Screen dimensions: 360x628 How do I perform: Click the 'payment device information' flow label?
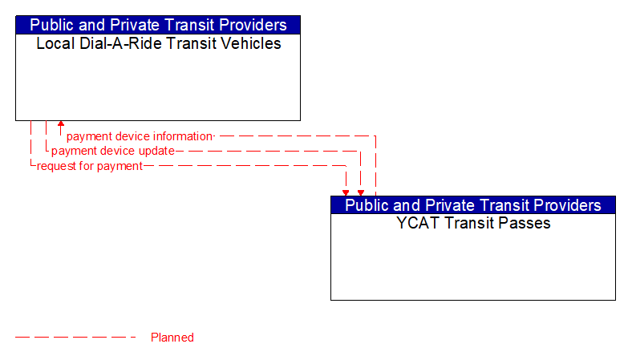[x=139, y=136]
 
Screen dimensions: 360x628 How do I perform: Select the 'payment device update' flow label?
[x=112, y=151]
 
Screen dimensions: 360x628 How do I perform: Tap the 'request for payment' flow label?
[x=89, y=166]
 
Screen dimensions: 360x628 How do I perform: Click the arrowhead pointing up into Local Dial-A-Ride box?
[x=61, y=125]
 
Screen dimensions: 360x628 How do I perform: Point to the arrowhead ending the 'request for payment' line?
[x=346, y=192]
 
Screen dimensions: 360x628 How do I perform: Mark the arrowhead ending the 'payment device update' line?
[x=361, y=192]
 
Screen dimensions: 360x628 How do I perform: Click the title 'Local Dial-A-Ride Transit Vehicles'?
[x=158, y=44]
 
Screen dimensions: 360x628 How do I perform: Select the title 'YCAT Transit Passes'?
[x=473, y=224]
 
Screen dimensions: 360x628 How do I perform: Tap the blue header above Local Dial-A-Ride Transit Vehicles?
[x=158, y=25]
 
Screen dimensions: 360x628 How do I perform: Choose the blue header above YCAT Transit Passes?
[x=473, y=205]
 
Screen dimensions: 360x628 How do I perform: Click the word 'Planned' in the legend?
[x=172, y=338]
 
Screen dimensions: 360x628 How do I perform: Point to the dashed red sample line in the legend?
[x=76, y=338]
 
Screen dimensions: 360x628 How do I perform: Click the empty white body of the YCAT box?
[x=473, y=265]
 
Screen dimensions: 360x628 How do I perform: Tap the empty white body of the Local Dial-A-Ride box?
[x=158, y=84]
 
